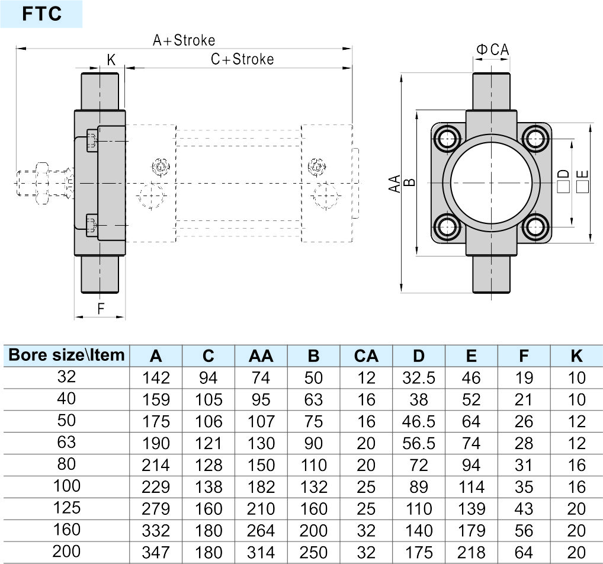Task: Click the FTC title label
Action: coord(41,14)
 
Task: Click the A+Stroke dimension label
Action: coord(184,40)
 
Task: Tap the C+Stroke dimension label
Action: coord(242,59)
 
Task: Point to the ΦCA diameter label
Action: coord(493,50)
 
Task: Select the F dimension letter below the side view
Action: coord(101,309)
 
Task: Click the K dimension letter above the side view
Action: coord(111,60)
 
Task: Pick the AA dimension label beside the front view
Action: coord(394,183)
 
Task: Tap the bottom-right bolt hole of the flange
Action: coord(535,227)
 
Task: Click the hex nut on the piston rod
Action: coord(42,183)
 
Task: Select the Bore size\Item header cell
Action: coord(66,355)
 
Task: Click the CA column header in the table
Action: coord(366,356)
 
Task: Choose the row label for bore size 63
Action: coord(66,443)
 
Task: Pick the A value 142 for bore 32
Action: coord(156,378)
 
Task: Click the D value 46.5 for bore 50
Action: coord(418,422)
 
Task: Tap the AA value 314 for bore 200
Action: coord(261,553)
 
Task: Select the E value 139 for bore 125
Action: coord(471,509)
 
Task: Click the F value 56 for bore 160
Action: coord(524,531)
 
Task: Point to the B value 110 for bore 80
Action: coord(313,466)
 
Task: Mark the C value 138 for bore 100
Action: coord(209,488)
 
